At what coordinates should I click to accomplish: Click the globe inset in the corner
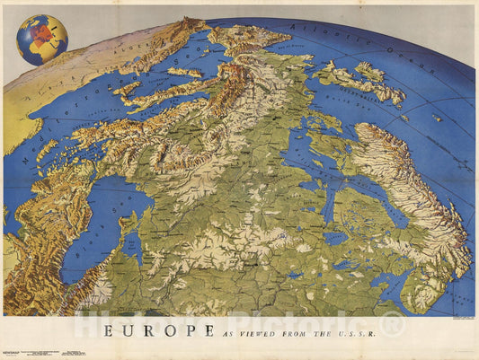point(41,40)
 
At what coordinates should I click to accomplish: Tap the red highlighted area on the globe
point(39,39)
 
